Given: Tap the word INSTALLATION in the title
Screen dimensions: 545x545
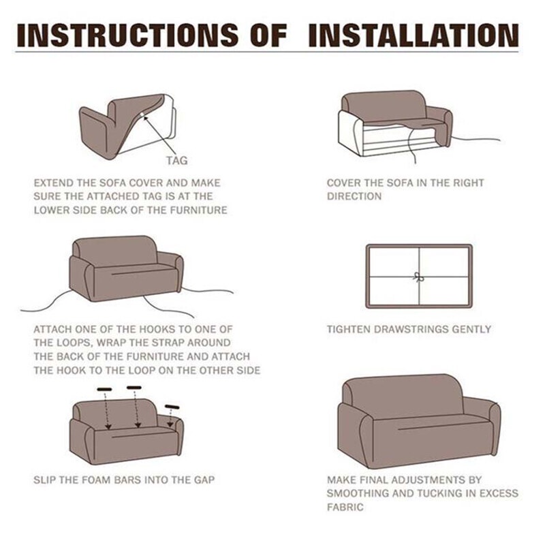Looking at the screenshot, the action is [414, 35].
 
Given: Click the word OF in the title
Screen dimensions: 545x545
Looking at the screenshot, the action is [268, 35].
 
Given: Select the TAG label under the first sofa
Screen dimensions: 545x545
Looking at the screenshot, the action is [176, 161].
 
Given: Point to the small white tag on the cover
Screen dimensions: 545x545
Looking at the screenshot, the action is [144, 115].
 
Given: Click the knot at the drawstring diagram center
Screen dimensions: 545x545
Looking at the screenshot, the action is [419, 277].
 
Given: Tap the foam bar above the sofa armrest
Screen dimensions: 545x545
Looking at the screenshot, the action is [172, 407].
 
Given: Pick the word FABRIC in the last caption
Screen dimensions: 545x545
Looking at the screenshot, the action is [345, 507].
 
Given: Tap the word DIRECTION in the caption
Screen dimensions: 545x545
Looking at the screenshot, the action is [354, 196].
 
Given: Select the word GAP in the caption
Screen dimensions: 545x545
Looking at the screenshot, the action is [204, 480].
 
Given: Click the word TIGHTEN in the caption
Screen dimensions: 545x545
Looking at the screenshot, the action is [349, 329].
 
